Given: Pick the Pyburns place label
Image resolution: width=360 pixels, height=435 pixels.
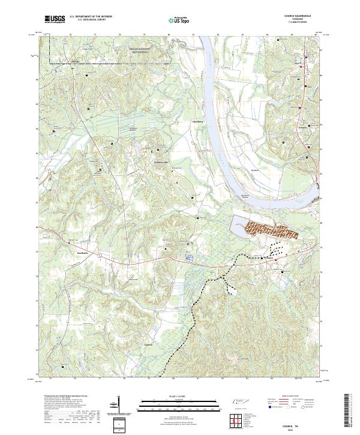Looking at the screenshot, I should coord(302,127).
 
